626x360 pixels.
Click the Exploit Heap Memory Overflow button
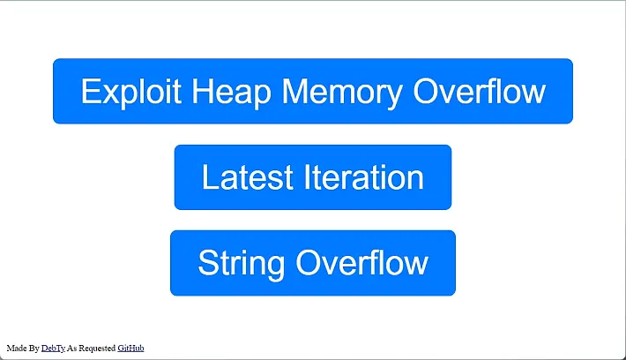tap(313, 91)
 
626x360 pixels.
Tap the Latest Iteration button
tap(313, 177)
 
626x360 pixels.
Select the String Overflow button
tap(313, 263)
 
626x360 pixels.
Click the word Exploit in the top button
tap(131, 93)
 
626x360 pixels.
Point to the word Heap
tap(232, 93)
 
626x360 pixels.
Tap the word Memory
tap(342, 93)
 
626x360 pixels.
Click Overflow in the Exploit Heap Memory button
tap(479, 91)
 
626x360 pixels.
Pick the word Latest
tap(248, 177)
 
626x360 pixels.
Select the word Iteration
tap(364, 177)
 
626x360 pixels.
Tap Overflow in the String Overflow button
tap(362, 262)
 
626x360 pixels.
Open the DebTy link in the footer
tap(53, 349)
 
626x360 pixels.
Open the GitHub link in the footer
tap(130, 348)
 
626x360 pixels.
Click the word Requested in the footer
tap(97, 349)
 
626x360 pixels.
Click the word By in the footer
tap(34, 349)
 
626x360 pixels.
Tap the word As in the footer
tap(72, 348)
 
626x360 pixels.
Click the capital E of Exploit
tap(90, 91)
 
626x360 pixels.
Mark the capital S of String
tap(208, 262)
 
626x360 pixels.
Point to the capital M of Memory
tap(295, 91)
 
